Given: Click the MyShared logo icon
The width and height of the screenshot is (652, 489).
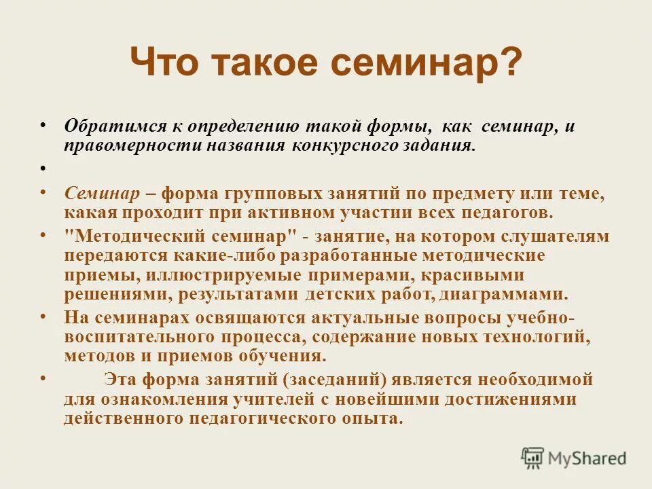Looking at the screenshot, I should click(534, 457).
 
